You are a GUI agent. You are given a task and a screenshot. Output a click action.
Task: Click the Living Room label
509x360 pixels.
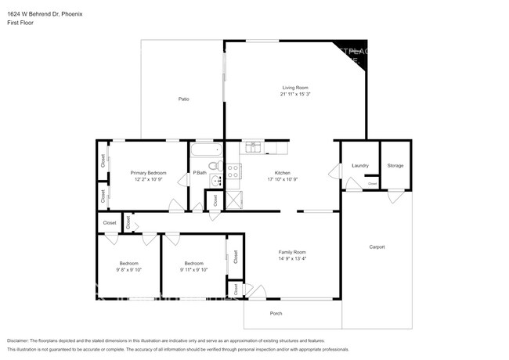295,87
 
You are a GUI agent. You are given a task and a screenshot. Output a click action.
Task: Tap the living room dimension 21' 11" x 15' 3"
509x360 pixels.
295,94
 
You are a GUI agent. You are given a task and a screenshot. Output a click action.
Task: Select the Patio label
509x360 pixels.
183,99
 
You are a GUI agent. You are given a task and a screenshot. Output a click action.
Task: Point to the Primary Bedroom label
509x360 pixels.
148,172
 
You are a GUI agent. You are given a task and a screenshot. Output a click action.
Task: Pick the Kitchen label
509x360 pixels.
282,172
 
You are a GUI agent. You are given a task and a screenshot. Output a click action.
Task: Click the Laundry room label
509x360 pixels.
360,165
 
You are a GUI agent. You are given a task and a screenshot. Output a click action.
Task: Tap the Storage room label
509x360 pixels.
395,165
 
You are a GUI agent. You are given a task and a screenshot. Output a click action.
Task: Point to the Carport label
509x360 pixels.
377,247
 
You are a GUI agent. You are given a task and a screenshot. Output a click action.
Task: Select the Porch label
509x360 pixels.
276,314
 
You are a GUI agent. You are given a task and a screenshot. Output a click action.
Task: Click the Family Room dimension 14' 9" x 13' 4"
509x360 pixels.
292,258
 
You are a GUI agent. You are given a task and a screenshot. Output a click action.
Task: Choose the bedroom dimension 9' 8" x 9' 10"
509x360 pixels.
128,269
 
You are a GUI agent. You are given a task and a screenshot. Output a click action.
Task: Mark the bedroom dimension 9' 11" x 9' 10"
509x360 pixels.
193,269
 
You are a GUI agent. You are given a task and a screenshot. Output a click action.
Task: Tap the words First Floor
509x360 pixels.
21,23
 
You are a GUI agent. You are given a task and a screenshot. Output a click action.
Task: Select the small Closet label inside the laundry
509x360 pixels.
373,184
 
